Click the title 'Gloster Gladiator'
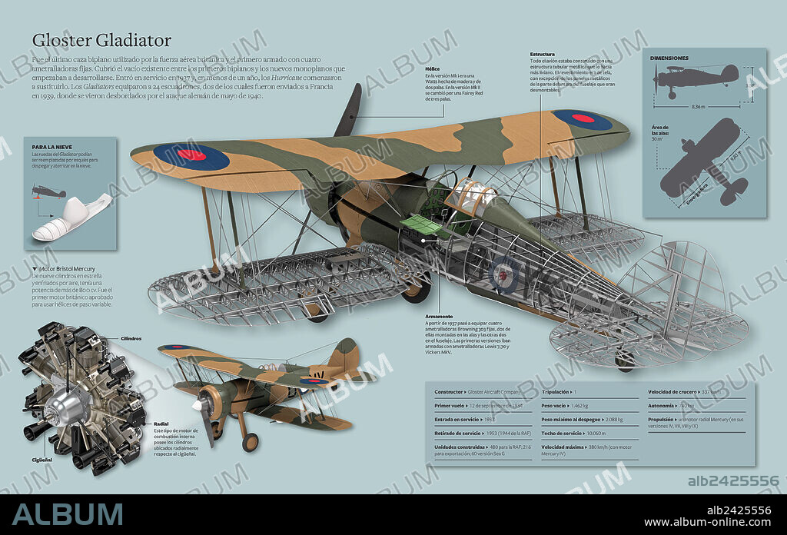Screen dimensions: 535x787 pyautogui.click(x=101, y=40)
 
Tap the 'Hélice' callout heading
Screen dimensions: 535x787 pyautogui.click(x=432, y=68)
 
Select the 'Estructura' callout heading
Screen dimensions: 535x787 pyautogui.click(x=543, y=54)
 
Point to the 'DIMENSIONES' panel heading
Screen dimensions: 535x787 pyautogui.click(x=669, y=58)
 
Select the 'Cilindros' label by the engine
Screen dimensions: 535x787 pyautogui.click(x=131, y=339)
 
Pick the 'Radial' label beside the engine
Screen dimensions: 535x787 pyautogui.click(x=161, y=424)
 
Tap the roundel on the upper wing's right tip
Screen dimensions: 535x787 pyautogui.click(x=582, y=119)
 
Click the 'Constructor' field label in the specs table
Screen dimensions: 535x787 pyautogui.click(x=449, y=392)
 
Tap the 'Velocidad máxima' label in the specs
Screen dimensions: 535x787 pyautogui.click(x=563, y=447)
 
